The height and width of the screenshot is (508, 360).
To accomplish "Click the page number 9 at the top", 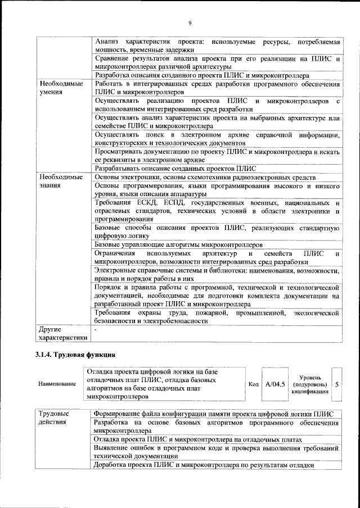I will click(190, 22).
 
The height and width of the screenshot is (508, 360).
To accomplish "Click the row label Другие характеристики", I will click(62, 333).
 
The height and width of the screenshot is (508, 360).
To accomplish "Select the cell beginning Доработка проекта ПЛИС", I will click(202, 466).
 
